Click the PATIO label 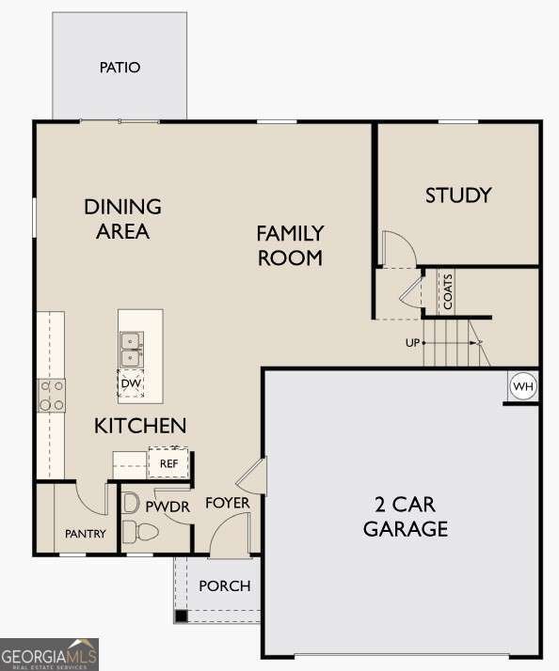pyautogui.click(x=120, y=68)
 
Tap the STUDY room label pyautogui.click(x=458, y=195)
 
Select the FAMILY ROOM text pyautogui.click(x=290, y=244)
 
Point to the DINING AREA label pyautogui.click(x=122, y=218)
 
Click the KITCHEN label pyautogui.click(x=140, y=426)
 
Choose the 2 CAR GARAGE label pyautogui.click(x=406, y=516)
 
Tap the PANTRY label pyautogui.click(x=86, y=534)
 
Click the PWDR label pyautogui.click(x=168, y=507)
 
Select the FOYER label pyautogui.click(x=228, y=503)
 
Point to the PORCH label pyautogui.click(x=225, y=585)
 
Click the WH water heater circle pyautogui.click(x=522, y=385)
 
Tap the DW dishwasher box pyautogui.click(x=130, y=383)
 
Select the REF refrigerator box pyautogui.click(x=168, y=463)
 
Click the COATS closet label pyautogui.click(x=448, y=291)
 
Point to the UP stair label pyautogui.click(x=412, y=342)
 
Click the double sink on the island pyautogui.click(x=130, y=350)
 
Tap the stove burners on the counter pyautogui.click(x=51, y=395)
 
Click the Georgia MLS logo pyautogui.click(x=49, y=654)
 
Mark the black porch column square pyautogui.click(x=180, y=616)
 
